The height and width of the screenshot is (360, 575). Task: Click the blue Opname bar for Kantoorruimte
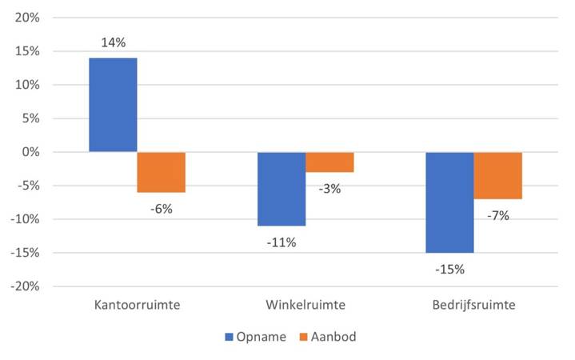[x=113, y=105]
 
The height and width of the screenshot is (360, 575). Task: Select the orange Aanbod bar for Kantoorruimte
[x=162, y=172]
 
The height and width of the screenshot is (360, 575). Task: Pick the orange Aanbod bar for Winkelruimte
[x=329, y=162]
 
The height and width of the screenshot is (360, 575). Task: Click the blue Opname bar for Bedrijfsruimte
[x=449, y=202]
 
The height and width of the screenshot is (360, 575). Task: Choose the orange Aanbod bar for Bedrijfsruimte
[x=497, y=175]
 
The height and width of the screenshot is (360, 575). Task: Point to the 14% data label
[x=113, y=43]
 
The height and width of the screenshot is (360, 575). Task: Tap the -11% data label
[x=281, y=242]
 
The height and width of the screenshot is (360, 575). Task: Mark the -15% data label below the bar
[x=449, y=269]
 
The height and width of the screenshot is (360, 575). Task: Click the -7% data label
[x=497, y=215]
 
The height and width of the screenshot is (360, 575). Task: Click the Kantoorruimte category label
[x=137, y=306]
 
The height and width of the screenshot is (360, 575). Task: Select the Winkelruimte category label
[x=305, y=306]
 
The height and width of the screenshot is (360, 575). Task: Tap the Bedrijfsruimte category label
[x=473, y=306]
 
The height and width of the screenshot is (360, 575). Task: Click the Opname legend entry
[x=255, y=337]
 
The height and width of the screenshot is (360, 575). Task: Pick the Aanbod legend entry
[x=327, y=337]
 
